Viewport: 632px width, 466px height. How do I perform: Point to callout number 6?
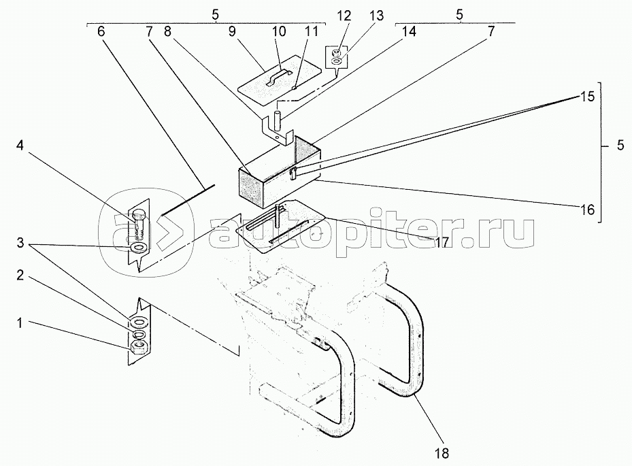click(x=101, y=32)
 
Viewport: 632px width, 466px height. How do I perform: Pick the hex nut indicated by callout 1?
click(x=139, y=348)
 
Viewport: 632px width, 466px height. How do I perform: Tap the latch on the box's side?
click(x=293, y=173)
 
